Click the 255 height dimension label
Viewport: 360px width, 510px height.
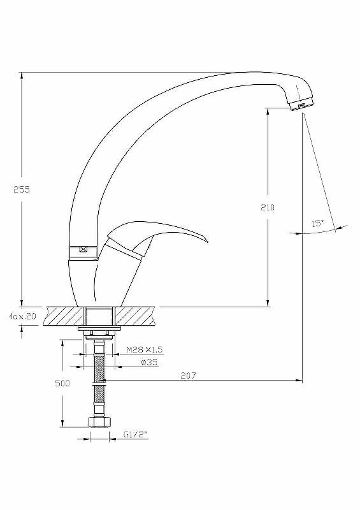point(22,189)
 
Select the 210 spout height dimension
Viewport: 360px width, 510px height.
point(268,207)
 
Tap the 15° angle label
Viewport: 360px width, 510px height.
point(318,223)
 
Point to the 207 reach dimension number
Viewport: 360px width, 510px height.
point(189,375)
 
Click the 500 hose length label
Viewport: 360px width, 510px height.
point(62,383)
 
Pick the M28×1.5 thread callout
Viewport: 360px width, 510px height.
point(145,350)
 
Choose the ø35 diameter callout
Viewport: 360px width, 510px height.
point(149,362)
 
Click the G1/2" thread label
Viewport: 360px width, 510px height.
point(136,434)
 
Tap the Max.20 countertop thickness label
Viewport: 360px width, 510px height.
point(23,316)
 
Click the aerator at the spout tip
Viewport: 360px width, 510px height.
point(302,105)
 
